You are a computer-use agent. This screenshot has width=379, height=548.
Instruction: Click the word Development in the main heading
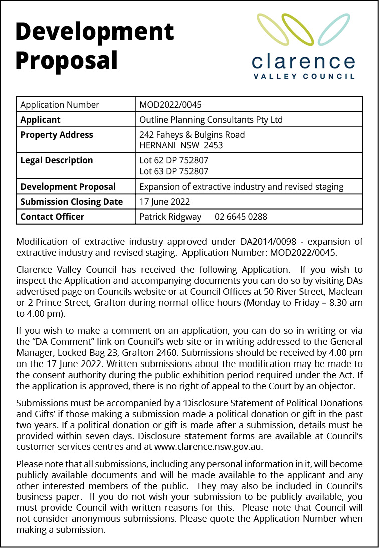95,31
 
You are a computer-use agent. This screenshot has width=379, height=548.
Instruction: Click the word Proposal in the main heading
67,60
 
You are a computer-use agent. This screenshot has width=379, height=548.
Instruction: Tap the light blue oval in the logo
334,29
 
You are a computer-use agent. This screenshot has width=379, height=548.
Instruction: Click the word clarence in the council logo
304,62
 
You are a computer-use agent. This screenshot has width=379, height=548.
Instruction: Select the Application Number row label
60,105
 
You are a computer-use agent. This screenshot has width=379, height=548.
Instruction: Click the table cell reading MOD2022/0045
170,105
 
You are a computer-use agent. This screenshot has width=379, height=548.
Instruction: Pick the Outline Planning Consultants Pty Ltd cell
211,120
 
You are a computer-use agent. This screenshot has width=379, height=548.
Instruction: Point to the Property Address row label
57,135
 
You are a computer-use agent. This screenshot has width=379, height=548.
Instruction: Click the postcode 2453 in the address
213,146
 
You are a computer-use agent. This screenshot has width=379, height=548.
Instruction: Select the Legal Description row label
57,160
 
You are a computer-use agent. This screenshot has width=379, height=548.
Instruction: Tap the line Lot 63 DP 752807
173,171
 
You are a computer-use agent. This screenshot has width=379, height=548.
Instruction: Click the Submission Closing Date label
71,202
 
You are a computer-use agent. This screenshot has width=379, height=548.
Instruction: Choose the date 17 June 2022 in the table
164,202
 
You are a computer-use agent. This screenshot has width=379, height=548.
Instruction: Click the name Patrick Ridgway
170,217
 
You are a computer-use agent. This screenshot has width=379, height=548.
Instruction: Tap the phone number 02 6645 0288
241,217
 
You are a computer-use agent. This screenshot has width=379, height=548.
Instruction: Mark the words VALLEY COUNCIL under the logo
304,77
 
